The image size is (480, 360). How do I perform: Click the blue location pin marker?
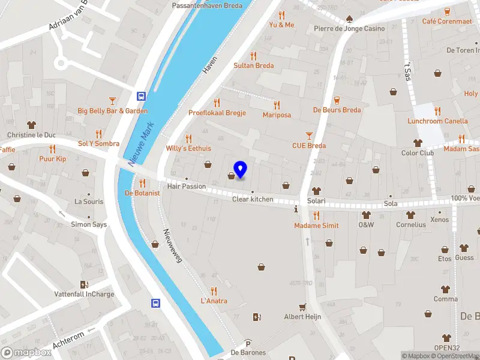[241, 169]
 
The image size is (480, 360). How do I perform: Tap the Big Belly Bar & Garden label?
[112, 111]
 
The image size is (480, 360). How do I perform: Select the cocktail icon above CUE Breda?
[309, 135]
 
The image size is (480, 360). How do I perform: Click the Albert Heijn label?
[302, 317]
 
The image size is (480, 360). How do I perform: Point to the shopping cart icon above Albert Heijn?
[302, 307]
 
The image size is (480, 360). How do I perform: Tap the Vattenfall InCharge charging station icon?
[83, 284]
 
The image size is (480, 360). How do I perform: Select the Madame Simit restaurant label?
[316, 226]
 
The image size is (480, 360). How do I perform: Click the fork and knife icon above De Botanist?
[142, 183]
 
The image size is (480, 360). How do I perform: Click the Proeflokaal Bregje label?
[217, 113]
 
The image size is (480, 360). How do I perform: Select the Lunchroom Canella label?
[437, 121]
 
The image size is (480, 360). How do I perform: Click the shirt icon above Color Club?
[418, 143]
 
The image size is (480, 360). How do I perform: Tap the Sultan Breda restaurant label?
[254, 66]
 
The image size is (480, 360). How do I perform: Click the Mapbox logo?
[26, 353]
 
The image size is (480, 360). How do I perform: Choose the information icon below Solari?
[295, 210]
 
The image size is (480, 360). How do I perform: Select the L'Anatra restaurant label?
[214, 301]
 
